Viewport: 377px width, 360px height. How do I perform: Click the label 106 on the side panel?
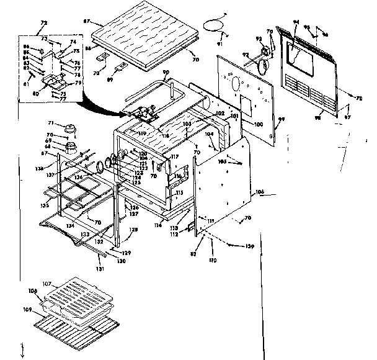[x=259, y=193]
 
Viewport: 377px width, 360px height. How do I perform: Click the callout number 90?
[x=165, y=73]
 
